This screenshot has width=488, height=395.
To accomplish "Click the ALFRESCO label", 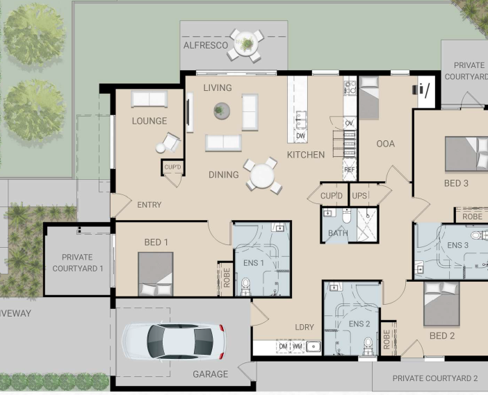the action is click(x=206, y=45).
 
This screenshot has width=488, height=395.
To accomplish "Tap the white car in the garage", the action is click(x=173, y=342).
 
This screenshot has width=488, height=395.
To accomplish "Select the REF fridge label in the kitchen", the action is click(x=350, y=169).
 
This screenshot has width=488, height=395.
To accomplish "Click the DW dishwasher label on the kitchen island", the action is click(x=300, y=136).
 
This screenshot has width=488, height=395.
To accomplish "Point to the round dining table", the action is click(x=262, y=176).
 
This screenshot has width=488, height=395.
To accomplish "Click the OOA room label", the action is click(x=386, y=144).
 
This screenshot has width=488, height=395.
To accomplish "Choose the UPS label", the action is click(x=359, y=196).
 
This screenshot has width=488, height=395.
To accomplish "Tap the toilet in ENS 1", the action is click(x=245, y=286).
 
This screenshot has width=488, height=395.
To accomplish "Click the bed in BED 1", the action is click(x=156, y=274).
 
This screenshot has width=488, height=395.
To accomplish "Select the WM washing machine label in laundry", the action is click(x=297, y=346).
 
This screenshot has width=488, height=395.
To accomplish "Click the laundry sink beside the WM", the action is click(x=313, y=346).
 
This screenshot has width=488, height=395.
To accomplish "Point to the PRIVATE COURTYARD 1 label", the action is click(x=77, y=262).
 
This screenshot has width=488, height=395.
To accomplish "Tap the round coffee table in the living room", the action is click(x=222, y=110).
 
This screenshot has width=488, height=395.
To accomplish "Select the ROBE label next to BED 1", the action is click(x=227, y=278).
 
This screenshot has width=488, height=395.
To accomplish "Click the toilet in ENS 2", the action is click(x=368, y=346).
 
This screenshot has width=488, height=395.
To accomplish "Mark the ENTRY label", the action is click(x=149, y=205).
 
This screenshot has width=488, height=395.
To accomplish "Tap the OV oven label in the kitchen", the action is click(x=349, y=124).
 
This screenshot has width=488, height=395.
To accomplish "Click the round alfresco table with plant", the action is click(x=246, y=44).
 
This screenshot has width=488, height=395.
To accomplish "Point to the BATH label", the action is click(x=338, y=233).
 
